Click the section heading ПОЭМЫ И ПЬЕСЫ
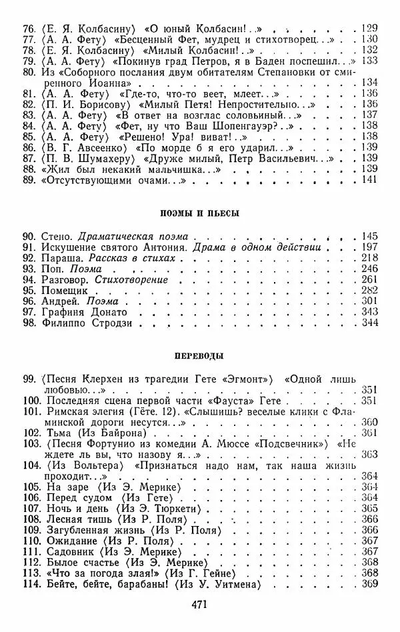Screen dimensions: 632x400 click(200, 213)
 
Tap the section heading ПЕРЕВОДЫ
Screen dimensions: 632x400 click(200, 356)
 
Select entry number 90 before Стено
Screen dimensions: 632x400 click(30, 236)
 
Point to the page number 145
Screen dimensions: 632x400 click(369, 236)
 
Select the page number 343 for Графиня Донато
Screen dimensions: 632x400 click(369, 312)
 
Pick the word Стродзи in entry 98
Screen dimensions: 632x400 click(121, 323)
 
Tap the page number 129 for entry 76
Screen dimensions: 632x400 click(369, 28)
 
